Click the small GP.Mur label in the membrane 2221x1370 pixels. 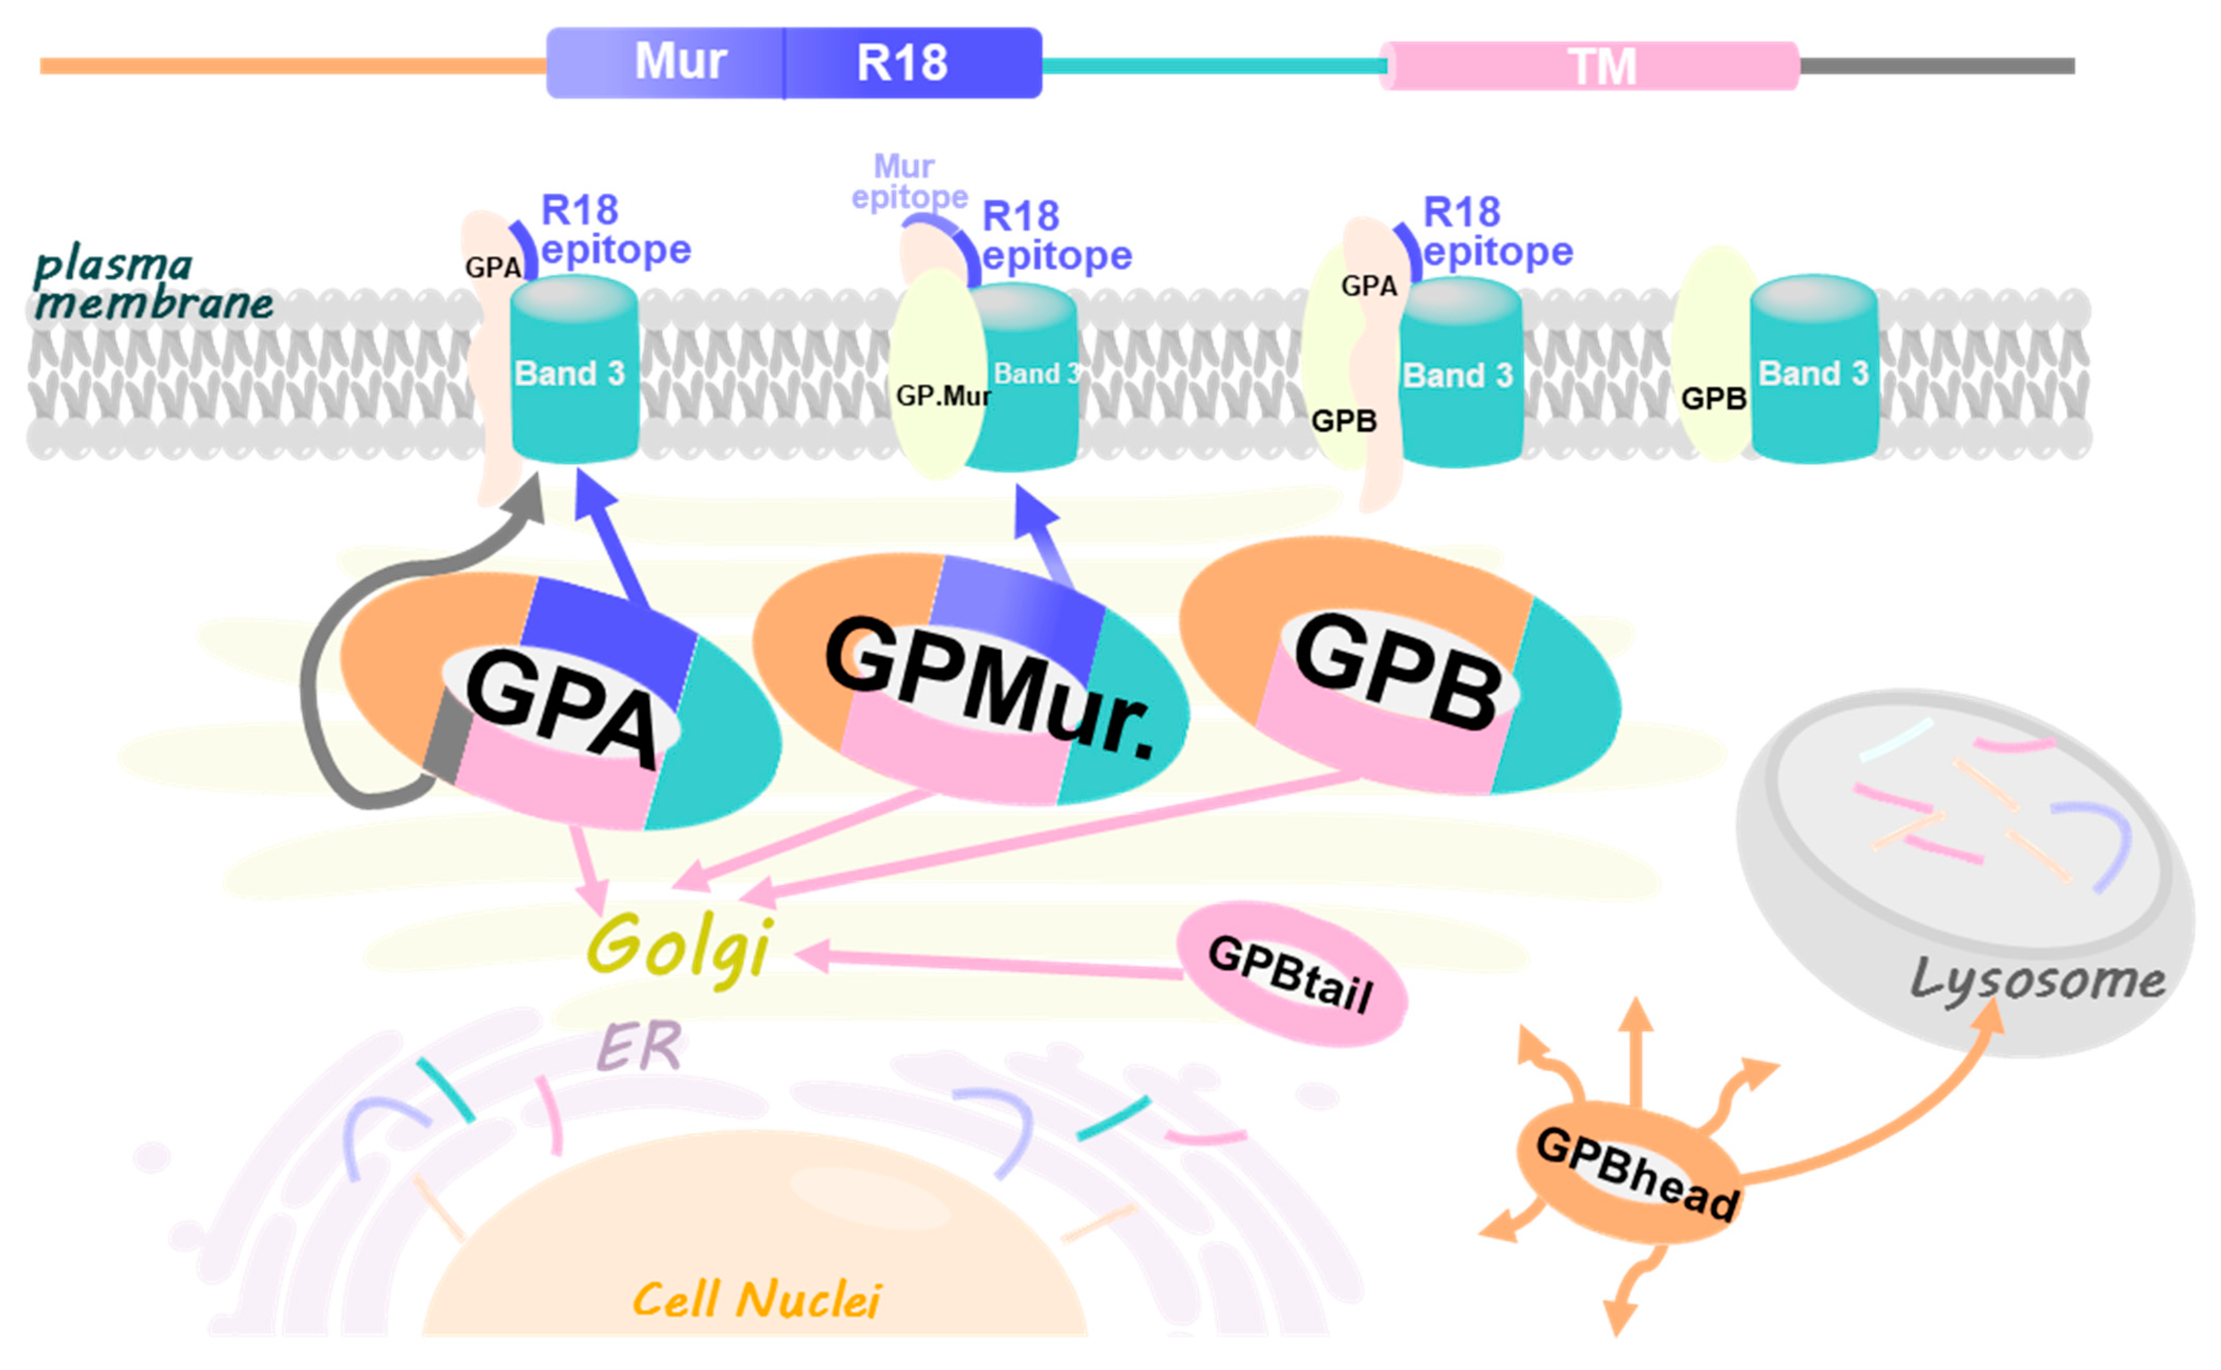pos(942,396)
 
